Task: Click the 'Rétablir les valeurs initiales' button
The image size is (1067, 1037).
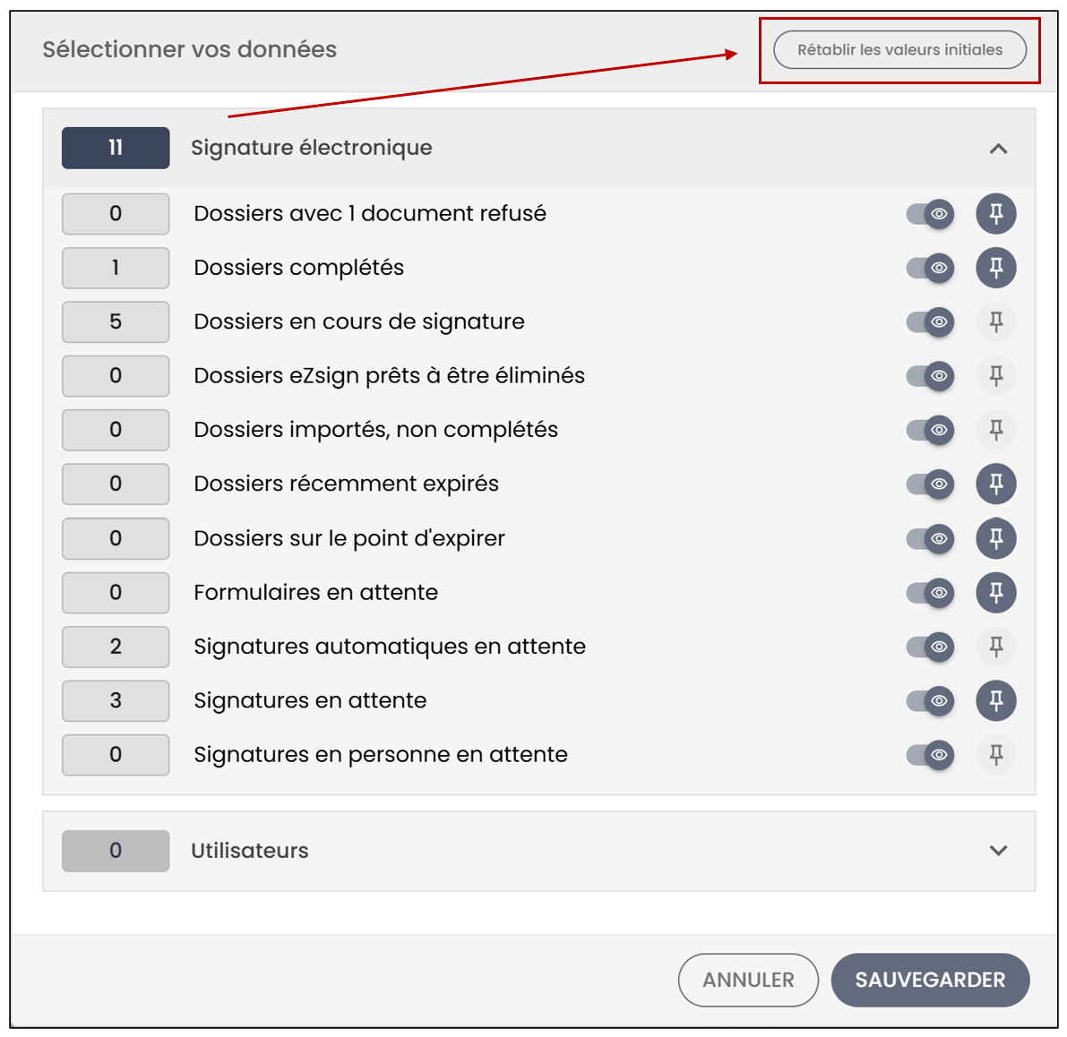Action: (899, 49)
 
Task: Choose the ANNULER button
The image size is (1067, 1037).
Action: (748, 979)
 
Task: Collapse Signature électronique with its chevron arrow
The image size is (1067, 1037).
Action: (998, 149)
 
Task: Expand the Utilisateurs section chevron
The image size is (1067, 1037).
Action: (998, 850)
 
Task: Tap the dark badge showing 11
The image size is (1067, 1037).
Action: (116, 148)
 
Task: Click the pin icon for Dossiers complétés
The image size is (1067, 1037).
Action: (996, 268)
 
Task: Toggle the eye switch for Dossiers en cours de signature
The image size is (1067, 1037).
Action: (930, 321)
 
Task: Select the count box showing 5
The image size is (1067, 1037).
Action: (116, 321)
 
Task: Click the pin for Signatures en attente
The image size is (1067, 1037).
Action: (996, 700)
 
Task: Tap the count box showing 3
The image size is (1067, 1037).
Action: (116, 700)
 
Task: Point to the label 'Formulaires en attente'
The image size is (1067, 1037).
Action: (315, 592)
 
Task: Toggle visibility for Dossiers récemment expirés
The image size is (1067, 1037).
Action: (930, 484)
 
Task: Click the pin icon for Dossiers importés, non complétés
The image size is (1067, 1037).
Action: (996, 430)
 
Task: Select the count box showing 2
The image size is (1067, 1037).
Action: (116, 646)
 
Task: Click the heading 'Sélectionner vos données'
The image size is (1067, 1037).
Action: (189, 49)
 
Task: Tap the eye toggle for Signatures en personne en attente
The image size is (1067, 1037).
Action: (930, 755)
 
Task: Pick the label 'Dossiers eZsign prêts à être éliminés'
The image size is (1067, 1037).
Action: (389, 375)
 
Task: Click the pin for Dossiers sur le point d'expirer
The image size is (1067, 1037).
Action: (996, 538)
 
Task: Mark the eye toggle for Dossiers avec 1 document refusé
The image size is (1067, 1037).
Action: (930, 214)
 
